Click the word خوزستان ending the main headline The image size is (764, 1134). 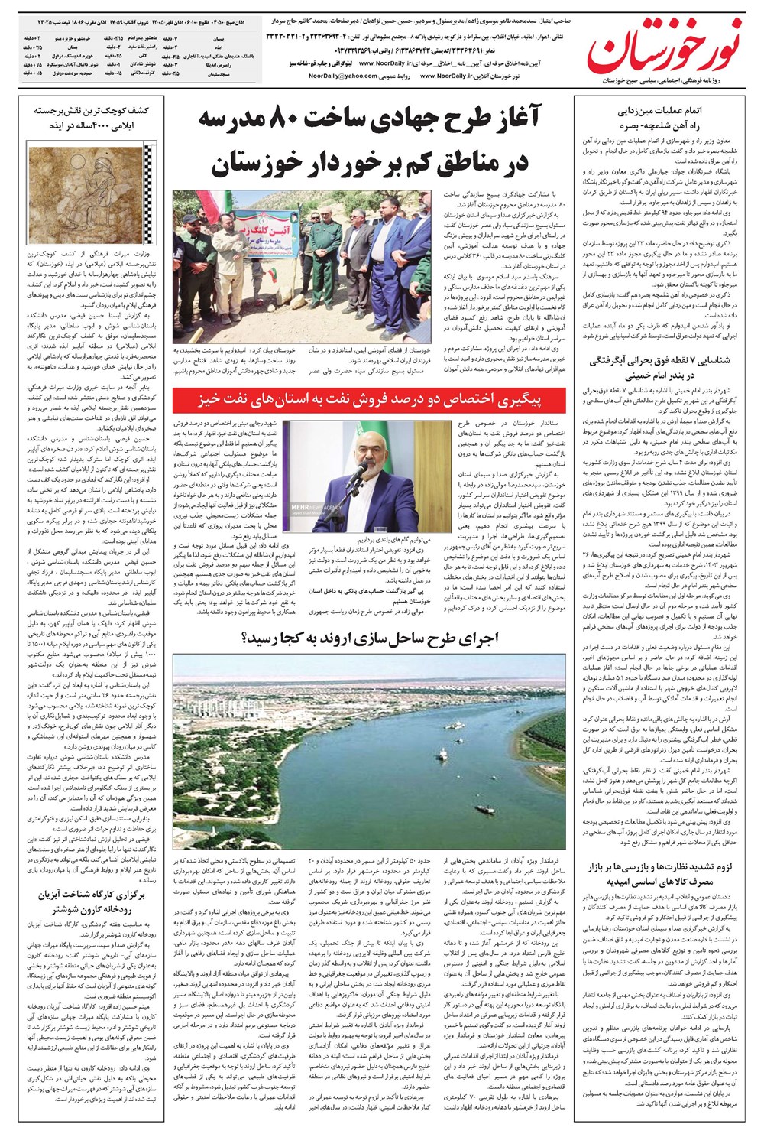pos(255,162)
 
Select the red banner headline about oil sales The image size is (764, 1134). pos(369,400)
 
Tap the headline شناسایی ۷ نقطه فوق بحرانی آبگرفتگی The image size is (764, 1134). pos(659,367)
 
